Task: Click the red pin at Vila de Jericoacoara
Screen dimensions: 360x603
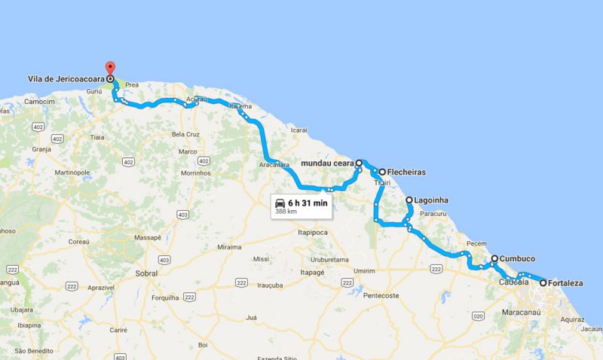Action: [x=109, y=69]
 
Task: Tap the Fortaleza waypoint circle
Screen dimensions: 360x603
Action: [x=543, y=283]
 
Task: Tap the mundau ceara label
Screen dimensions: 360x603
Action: [x=327, y=162]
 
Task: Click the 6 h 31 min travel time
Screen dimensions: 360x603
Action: [x=308, y=203]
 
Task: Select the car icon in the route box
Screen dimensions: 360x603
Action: [x=280, y=203]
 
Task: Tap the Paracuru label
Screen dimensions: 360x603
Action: [x=433, y=214]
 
